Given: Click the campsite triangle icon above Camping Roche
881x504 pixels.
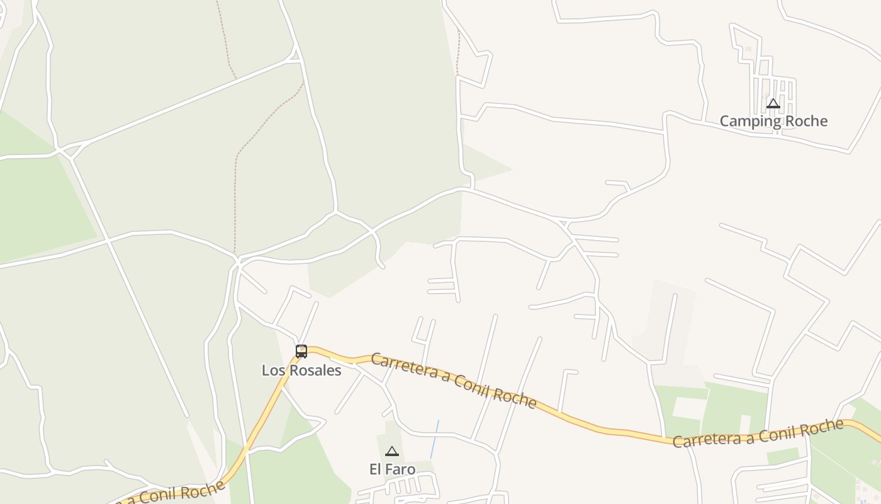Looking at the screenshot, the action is pyautogui.click(x=773, y=103).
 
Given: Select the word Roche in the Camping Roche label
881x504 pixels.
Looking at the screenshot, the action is pyautogui.click(x=806, y=121).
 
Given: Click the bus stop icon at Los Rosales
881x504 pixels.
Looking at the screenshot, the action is pyautogui.click(x=301, y=352).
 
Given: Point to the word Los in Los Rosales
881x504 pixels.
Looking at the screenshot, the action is pyautogui.click(x=272, y=370).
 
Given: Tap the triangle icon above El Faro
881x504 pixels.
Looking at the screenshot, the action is pyautogui.click(x=392, y=451).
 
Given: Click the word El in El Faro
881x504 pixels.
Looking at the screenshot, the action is pyautogui.click(x=375, y=469).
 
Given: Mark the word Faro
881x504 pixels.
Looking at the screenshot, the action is pyautogui.click(x=401, y=469).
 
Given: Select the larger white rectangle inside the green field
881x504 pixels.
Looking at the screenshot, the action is pyautogui.click(x=690, y=408).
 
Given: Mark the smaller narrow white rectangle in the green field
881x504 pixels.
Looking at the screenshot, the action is pyautogui.click(x=745, y=424).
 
